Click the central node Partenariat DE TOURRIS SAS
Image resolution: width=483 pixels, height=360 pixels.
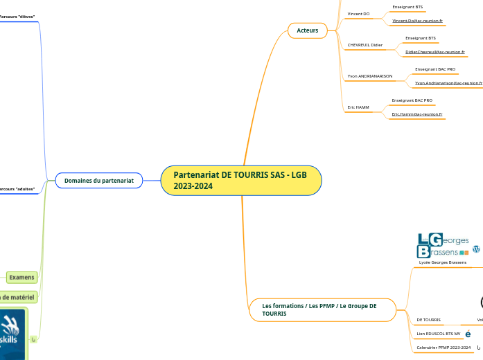pos(240,181)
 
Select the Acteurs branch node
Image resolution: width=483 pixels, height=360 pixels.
pos(308,30)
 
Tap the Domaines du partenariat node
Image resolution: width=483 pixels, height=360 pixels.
pos(98,181)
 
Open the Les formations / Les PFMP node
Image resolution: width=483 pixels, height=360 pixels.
pos(319,309)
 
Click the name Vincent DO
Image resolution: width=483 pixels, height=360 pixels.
pos(358,14)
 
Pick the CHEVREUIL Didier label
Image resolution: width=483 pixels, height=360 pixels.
pos(365,45)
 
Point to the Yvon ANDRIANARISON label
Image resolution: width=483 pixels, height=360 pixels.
pos(370,76)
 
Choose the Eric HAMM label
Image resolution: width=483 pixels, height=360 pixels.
pos(358,107)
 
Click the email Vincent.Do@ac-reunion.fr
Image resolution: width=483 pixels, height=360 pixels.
pos(417,21)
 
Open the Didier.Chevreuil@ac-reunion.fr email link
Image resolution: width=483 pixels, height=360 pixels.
pos(434,52)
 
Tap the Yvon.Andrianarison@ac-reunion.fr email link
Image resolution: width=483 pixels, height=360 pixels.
pos(448,83)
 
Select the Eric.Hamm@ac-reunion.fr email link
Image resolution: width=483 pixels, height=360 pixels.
pos(417,114)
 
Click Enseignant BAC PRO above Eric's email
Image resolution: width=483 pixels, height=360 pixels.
pos(412,100)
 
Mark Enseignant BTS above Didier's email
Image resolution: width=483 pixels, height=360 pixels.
pos(421,38)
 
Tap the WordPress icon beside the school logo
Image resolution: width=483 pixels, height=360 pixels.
pos(476,249)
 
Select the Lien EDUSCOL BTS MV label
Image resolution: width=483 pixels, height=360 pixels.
pos(438,334)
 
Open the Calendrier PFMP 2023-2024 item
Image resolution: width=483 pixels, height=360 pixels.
pos(444,347)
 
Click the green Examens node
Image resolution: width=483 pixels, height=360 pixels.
pos(21,277)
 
